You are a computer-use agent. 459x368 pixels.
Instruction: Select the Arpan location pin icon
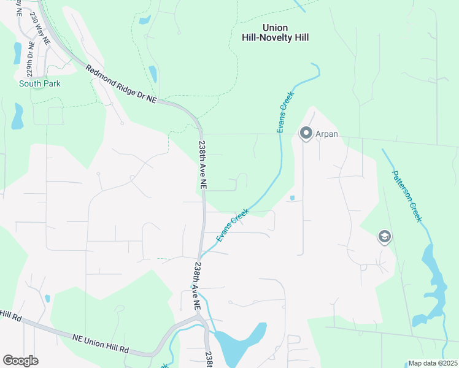[x=306, y=133]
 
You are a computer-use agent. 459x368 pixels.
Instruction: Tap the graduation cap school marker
[x=385, y=237]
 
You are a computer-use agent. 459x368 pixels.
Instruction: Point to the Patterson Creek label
[x=407, y=196]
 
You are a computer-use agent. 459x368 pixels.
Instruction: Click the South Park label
[x=40, y=83]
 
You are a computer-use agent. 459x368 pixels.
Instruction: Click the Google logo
[x=20, y=361]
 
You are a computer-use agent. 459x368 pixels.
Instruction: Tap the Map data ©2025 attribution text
[x=432, y=363]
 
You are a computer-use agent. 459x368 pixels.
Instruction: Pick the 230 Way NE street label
[x=36, y=18]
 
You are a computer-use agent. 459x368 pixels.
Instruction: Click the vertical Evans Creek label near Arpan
[x=285, y=113]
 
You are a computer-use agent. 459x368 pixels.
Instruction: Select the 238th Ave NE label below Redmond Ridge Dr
[x=202, y=166]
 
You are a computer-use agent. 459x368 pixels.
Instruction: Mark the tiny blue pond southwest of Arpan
[x=292, y=197]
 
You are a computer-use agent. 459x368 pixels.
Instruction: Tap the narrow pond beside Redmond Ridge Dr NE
[x=152, y=74]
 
